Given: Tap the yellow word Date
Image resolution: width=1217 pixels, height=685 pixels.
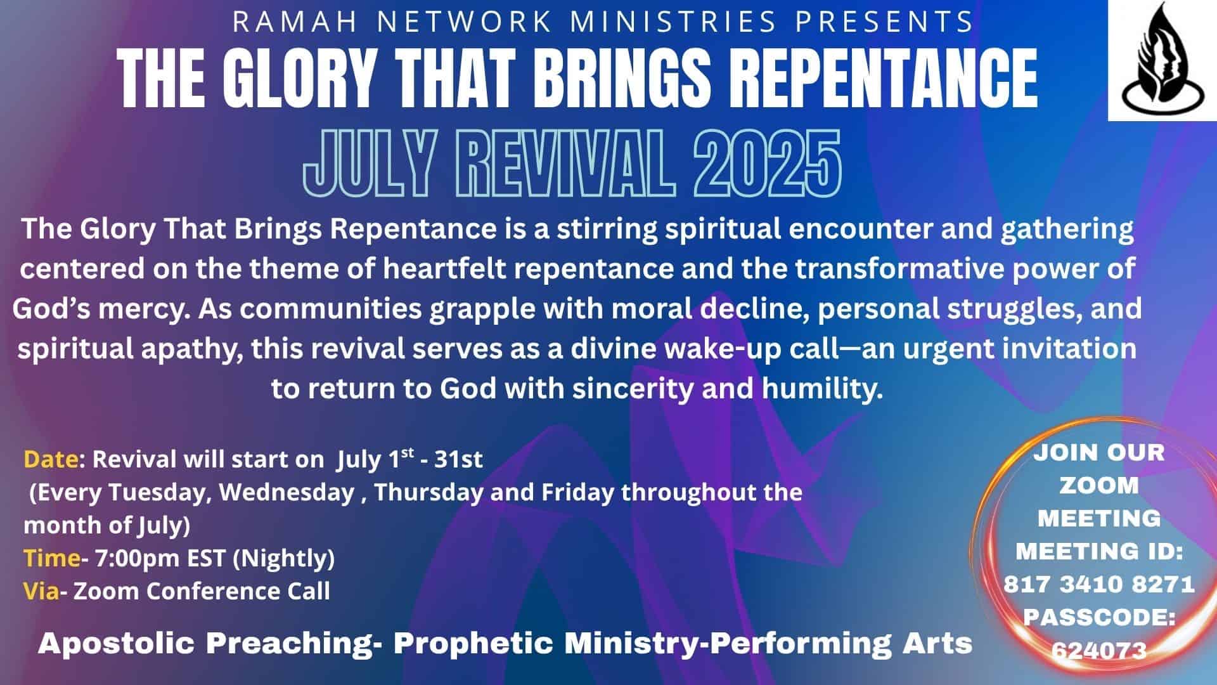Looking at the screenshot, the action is click(51, 459).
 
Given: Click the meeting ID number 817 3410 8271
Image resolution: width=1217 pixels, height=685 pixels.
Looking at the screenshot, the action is click(1099, 584).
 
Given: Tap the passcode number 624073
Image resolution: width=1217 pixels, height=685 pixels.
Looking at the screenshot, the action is click(1099, 649).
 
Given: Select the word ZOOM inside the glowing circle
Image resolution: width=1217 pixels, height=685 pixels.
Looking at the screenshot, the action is click(1099, 485).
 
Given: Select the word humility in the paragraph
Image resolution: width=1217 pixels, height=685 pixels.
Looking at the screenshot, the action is click(822, 389).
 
